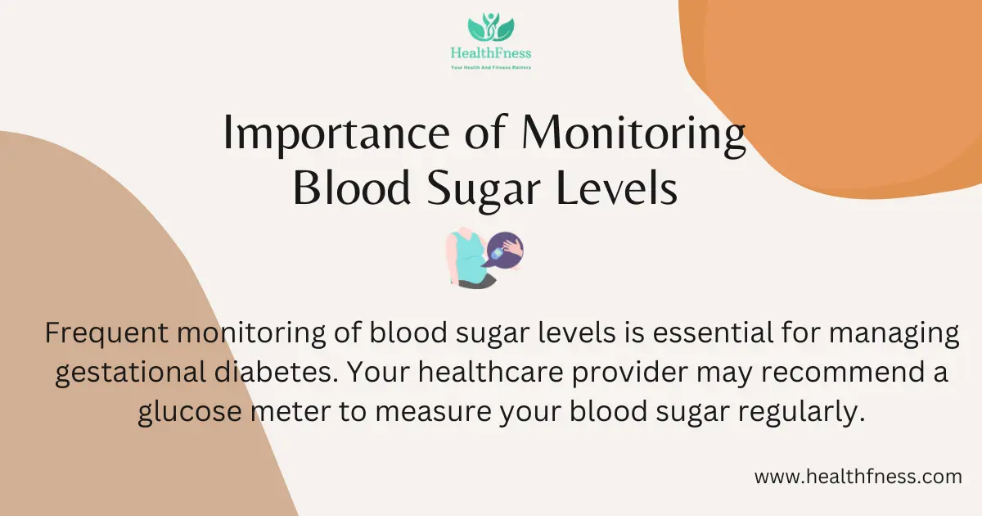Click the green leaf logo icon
click(491, 27)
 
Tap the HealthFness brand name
click(491, 53)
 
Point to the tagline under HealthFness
click(491, 67)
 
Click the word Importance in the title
click(336, 134)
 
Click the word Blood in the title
click(352, 188)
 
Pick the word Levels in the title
click(617, 188)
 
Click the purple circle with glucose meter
click(505, 251)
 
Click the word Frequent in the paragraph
click(106, 333)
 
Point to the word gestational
click(131, 373)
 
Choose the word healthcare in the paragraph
click(491, 372)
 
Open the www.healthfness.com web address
click(858, 477)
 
